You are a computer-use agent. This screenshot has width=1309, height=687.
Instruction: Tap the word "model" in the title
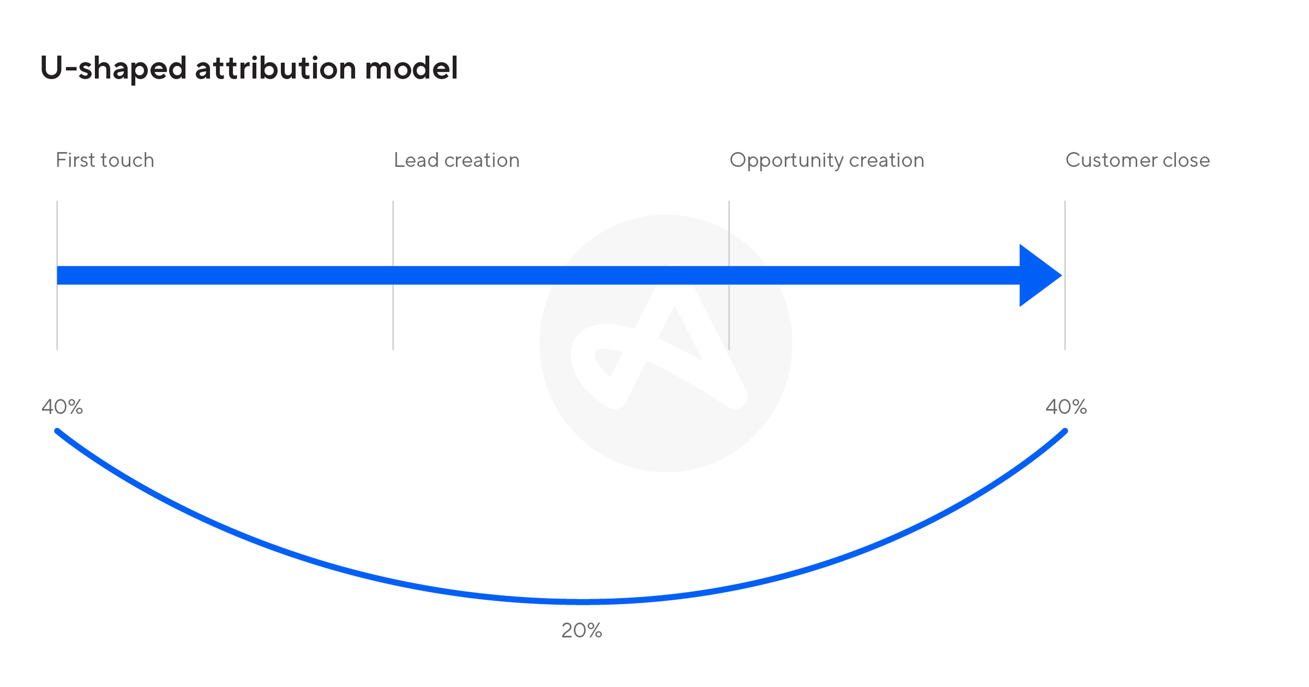pos(412,68)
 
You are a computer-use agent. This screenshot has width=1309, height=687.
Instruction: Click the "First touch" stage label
pos(105,160)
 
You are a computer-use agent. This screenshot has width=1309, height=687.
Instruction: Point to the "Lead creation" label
pos(457,160)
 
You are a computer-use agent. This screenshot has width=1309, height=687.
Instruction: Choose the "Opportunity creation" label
pos(827,160)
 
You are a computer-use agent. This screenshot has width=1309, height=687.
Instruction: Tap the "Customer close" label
pos(1138,160)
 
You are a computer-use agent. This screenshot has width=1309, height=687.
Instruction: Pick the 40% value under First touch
pos(62,407)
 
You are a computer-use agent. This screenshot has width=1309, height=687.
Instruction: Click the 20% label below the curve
pos(581,631)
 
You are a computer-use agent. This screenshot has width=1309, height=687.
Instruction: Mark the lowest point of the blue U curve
pos(582,602)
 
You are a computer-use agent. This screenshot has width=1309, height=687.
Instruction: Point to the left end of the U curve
pos(57,431)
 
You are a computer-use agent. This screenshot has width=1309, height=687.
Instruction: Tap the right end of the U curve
pos(1065,431)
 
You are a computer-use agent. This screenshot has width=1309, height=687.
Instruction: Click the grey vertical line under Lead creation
pos(393,275)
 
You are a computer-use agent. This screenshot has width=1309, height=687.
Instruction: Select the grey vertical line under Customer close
pos(1065,275)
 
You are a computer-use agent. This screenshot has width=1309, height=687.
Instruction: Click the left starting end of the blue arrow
pos(58,275)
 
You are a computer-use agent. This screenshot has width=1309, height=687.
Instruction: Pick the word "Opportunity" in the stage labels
pos(787,160)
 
